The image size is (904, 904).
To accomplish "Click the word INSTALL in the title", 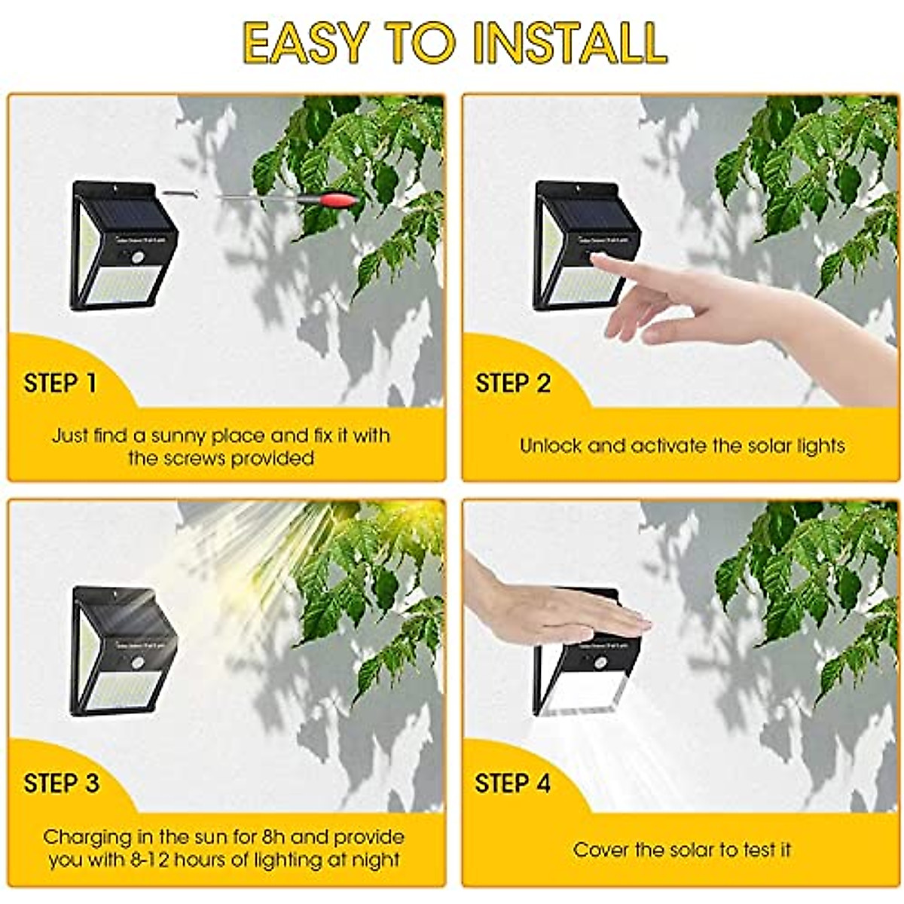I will click(572, 43).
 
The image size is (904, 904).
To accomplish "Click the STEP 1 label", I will click(60, 383).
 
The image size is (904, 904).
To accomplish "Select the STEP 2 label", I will click(513, 383).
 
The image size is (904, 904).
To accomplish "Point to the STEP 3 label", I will click(61, 783).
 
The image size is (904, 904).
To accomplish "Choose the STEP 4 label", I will click(513, 783).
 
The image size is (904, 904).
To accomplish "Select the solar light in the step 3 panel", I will click(123, 650).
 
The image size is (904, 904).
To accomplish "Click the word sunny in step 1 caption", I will click(178, 435).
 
